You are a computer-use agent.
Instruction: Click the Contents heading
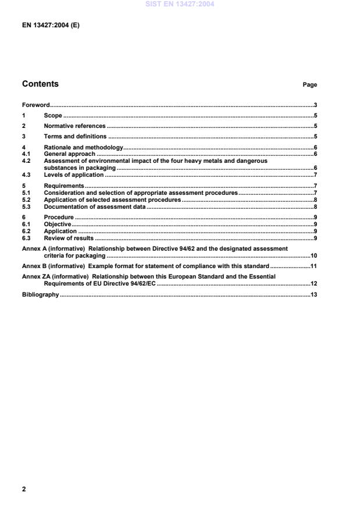40,84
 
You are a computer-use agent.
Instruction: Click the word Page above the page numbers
309,85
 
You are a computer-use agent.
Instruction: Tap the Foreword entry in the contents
35,106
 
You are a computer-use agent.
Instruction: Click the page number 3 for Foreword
315,106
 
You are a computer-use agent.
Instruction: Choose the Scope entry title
53,116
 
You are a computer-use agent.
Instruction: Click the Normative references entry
74,126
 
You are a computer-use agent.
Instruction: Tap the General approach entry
69,154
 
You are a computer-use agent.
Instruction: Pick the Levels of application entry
74,174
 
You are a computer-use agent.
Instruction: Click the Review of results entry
69,238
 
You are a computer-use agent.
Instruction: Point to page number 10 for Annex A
313,255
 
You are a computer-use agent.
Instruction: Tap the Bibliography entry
40,295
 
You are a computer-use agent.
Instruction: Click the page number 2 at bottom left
24,489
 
